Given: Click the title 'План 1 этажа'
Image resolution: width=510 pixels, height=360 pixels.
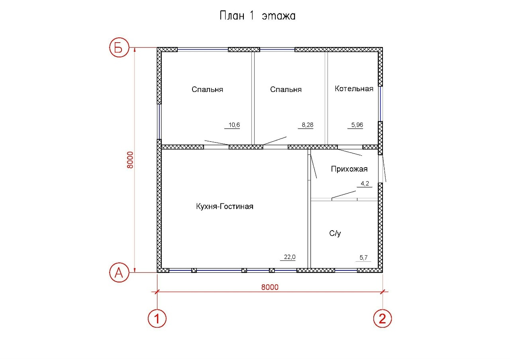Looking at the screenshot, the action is pos(257,16).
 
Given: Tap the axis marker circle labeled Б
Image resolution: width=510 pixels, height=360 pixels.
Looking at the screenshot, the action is pos(119,47).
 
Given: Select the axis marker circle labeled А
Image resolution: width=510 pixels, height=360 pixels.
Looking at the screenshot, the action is pos(119,272).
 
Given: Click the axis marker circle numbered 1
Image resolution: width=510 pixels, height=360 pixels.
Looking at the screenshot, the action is pos(157,318).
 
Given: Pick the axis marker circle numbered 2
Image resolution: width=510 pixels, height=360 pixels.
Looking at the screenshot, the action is pos(382,318).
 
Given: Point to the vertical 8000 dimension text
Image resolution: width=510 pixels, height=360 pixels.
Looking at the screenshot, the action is pos(130,160).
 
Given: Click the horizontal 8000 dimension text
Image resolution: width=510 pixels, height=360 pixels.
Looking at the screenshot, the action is pos(270,287).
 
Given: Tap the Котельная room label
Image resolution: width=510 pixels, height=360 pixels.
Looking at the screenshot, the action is pos(354,88).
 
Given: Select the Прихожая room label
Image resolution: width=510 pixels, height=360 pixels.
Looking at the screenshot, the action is pos(349,169).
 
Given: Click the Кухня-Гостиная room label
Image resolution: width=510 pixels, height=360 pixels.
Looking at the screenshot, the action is pos(225,206).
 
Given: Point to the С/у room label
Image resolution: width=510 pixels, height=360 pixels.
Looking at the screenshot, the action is pos(335,233).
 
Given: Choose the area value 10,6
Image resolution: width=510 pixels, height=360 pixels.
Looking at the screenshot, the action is pos(234,125).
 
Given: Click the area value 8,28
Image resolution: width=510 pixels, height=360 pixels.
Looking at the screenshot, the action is pos(308,125).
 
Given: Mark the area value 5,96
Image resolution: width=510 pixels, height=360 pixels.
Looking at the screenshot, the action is pos(357,125).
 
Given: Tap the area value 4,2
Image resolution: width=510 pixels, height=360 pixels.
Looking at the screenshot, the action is pos(365,183).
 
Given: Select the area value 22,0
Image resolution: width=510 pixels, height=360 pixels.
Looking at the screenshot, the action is pos(290,257).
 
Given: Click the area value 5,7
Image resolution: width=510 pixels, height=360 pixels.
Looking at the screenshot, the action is pos(363,257).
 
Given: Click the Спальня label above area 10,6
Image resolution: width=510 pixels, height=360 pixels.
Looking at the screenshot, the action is pos(208,90).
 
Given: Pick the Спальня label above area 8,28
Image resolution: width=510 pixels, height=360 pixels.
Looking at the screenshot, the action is pos(286,90).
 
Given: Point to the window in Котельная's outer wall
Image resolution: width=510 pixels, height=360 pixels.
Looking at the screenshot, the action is pos(380,104).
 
